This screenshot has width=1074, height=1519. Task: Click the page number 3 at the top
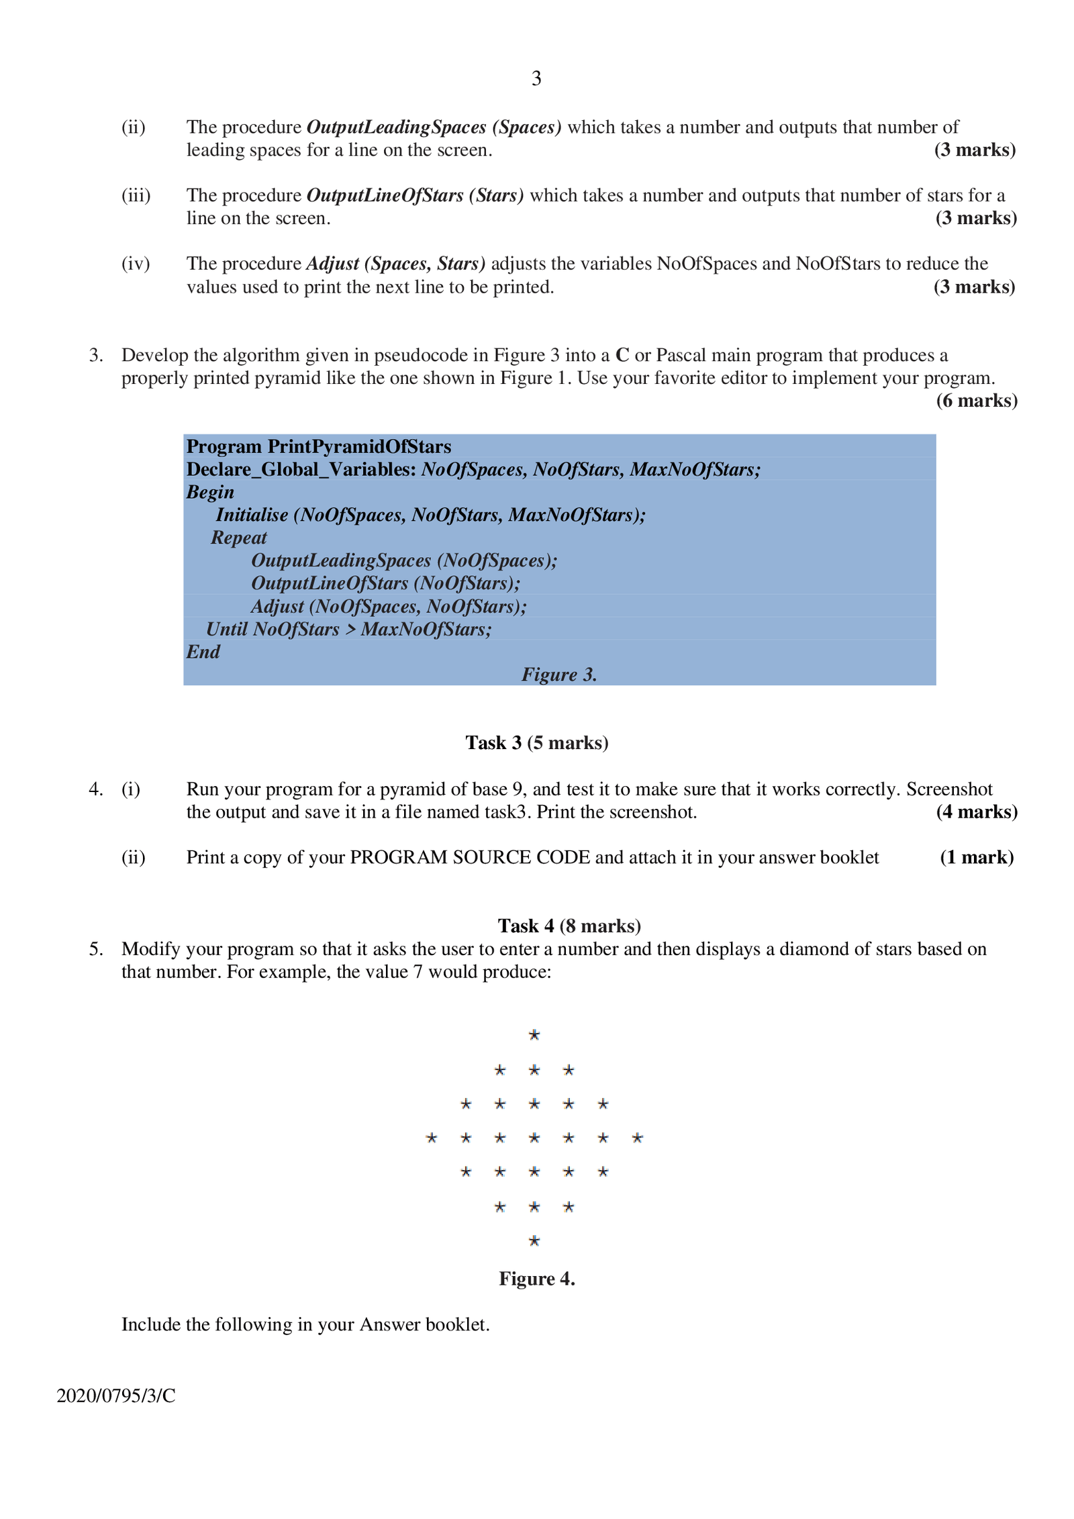coord(536,79)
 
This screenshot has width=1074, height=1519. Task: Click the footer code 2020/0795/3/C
coord(116,1395)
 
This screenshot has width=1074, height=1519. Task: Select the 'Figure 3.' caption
coord(559,675)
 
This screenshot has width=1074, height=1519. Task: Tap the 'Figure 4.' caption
coord(536,1279)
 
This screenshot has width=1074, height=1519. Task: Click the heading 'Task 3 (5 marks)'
coord(536,742)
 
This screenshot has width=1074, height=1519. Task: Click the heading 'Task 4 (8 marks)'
coord(569,926)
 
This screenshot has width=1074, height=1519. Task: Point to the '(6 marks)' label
coord(976,401)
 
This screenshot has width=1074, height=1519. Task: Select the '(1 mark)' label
coord(976,857)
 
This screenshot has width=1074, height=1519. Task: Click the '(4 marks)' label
coord(976,812)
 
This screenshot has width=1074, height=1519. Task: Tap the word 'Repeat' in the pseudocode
coord(238,538)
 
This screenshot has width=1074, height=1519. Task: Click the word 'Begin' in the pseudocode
coord(210,492)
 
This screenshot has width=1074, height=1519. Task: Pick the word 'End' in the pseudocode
coord(203,652)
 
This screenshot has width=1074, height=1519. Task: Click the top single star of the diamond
coord(534,1034)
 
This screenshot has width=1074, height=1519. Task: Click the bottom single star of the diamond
coord(534,1240)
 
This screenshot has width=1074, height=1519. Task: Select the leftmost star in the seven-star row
coord(432,1138)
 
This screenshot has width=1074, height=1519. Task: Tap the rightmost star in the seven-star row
coord(638,1138)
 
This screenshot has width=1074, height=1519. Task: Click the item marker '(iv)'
coord(135,264)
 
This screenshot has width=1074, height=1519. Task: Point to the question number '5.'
coord(96,949)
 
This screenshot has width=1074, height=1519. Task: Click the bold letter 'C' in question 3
coord(622,355)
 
